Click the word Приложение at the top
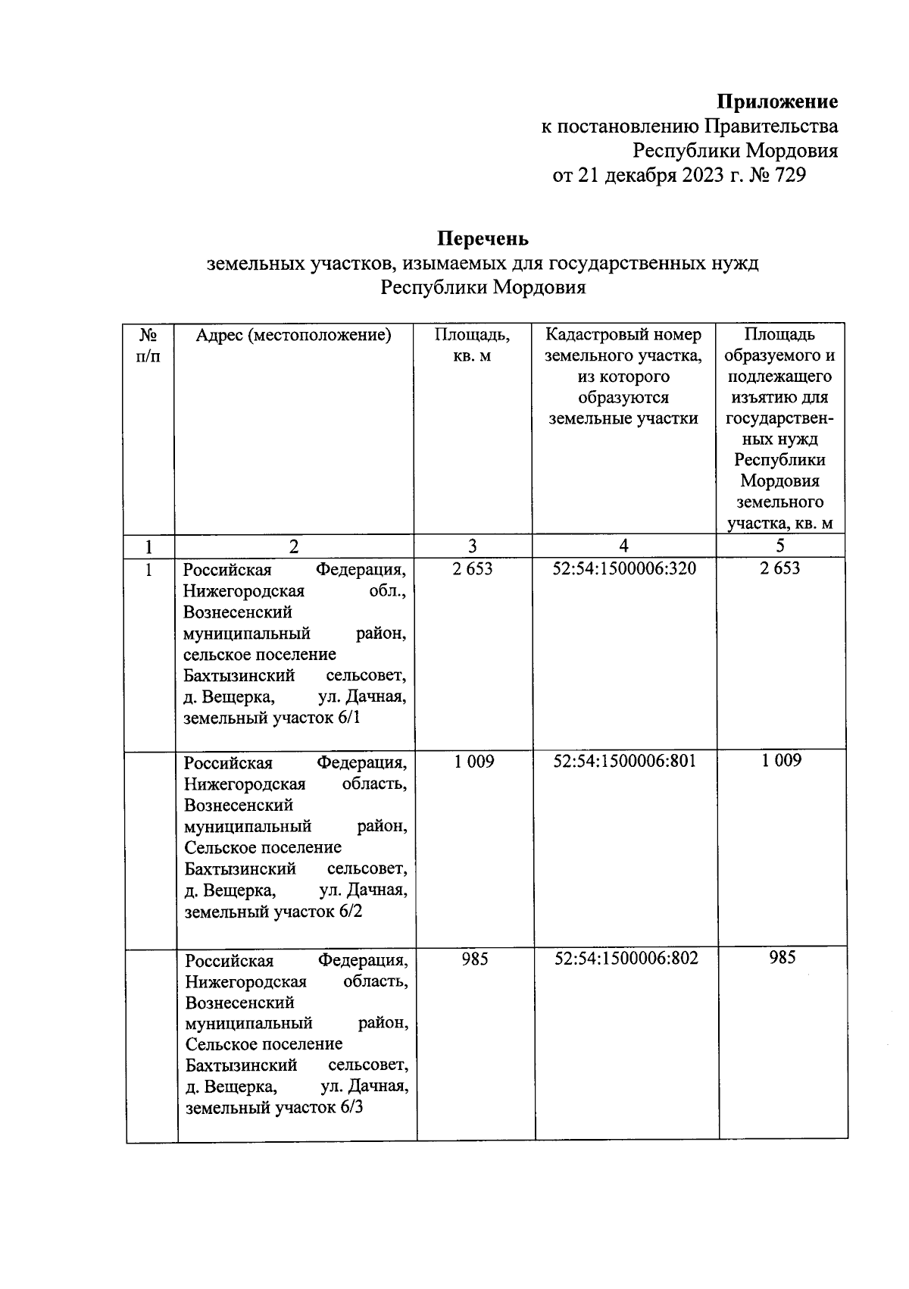point(777,102)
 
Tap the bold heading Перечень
point(483,239)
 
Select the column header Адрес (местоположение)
point(293,335)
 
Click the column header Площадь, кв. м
point(472,345)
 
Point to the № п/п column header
point(148,345)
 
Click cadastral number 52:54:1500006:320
point(624,568)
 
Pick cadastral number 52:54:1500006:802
point(626,958)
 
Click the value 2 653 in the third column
point(473,568)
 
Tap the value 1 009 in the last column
point(782,761)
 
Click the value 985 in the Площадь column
point(475,959)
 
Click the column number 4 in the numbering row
point(623,546)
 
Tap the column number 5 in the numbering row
point(780,546)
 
